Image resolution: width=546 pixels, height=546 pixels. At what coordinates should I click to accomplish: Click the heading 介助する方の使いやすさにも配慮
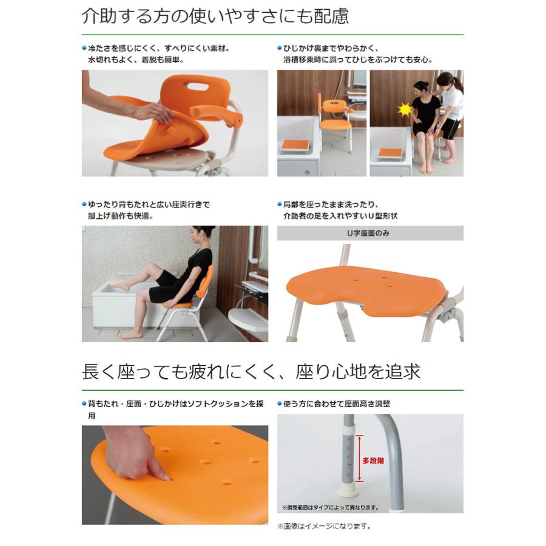tap(215, 16)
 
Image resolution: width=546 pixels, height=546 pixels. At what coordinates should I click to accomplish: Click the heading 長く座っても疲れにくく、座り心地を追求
tap(251, 371)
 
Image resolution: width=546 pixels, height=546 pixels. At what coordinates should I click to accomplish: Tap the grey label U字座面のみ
tap(370, 233)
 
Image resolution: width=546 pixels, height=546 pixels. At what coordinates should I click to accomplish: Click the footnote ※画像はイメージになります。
tap(324, 526)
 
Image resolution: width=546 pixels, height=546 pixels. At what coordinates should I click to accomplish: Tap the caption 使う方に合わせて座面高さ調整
tap(337, 403)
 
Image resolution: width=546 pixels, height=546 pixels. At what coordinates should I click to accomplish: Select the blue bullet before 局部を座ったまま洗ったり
tap(279, 204)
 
